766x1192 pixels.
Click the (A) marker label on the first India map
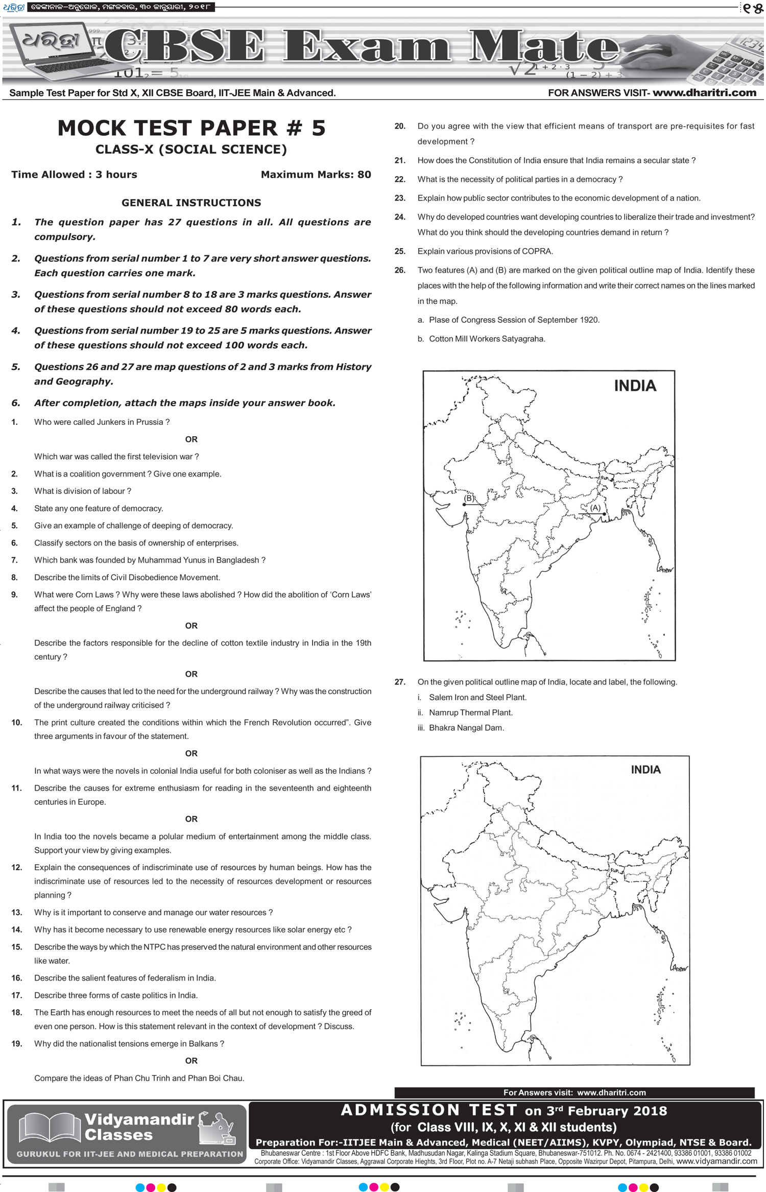click(595, 508)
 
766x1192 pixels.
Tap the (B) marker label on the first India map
click(468, 498)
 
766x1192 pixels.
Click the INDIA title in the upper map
click(635, 386)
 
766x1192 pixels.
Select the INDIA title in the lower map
click(645, 770)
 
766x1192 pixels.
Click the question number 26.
click(400, 270)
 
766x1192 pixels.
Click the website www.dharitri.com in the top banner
click(704, 93)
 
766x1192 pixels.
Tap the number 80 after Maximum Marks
click(364, 175)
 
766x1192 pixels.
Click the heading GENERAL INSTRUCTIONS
click(191, 203)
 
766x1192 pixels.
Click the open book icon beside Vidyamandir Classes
click(50, 1128)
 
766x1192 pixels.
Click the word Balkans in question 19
click(203, 1044)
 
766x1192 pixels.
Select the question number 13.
click(17, 913)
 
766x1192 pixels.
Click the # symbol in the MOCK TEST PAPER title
click(295, 128)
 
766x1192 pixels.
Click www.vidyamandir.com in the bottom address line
click(716, 1161)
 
